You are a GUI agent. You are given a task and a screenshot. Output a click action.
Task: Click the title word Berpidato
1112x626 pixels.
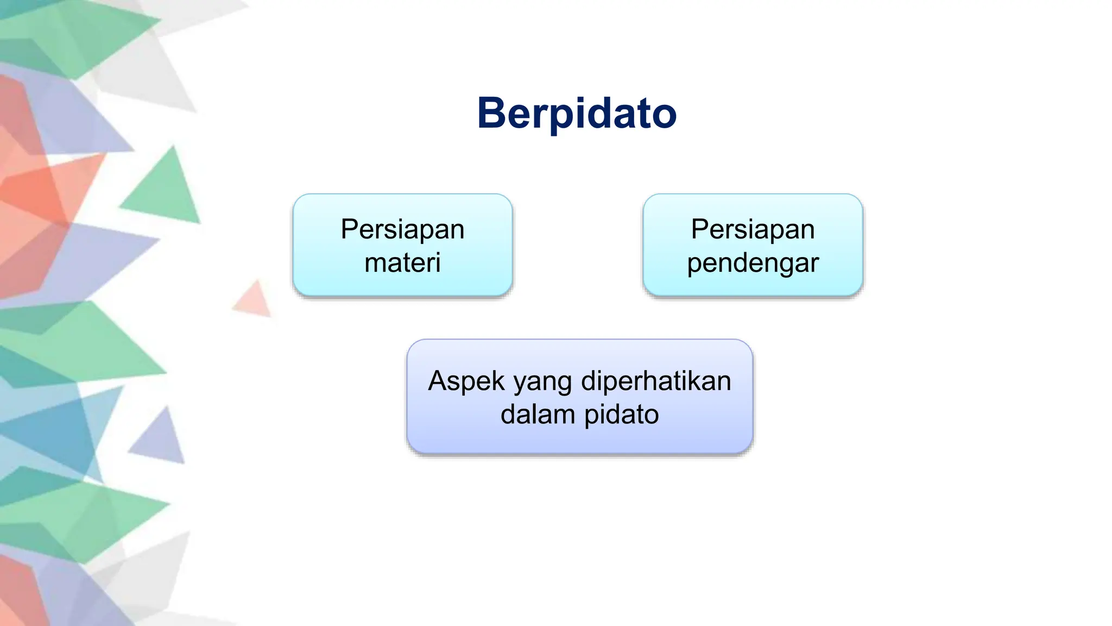click(x=577, y=113)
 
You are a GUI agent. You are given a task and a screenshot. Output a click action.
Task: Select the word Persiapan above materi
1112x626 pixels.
click(x=402, y=229)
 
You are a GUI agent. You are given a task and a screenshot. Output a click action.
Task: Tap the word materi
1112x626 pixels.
click(x=402, y=263)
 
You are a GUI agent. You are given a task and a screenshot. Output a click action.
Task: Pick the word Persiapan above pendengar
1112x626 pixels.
click(x=753, y=229)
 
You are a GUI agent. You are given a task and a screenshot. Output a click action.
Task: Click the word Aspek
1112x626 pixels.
click(x=466, y=381)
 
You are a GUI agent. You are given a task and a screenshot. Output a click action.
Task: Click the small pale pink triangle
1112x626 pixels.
click(x=254, y=301)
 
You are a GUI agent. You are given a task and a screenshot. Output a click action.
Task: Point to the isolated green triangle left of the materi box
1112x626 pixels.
click(x=165, y=190)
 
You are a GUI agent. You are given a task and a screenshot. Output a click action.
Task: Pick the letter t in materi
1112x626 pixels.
click(x=401, y=263)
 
